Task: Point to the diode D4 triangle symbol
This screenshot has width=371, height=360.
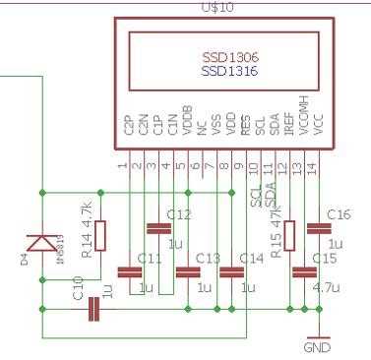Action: click(42, 242)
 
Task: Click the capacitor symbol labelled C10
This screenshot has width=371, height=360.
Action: click(94, 309)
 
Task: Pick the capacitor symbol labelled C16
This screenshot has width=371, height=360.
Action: click(318, 228)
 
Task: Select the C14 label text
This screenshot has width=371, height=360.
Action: click(253, 259)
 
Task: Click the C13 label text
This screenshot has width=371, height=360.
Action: click(209, 259)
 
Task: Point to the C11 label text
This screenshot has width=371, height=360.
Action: click(150, 259)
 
